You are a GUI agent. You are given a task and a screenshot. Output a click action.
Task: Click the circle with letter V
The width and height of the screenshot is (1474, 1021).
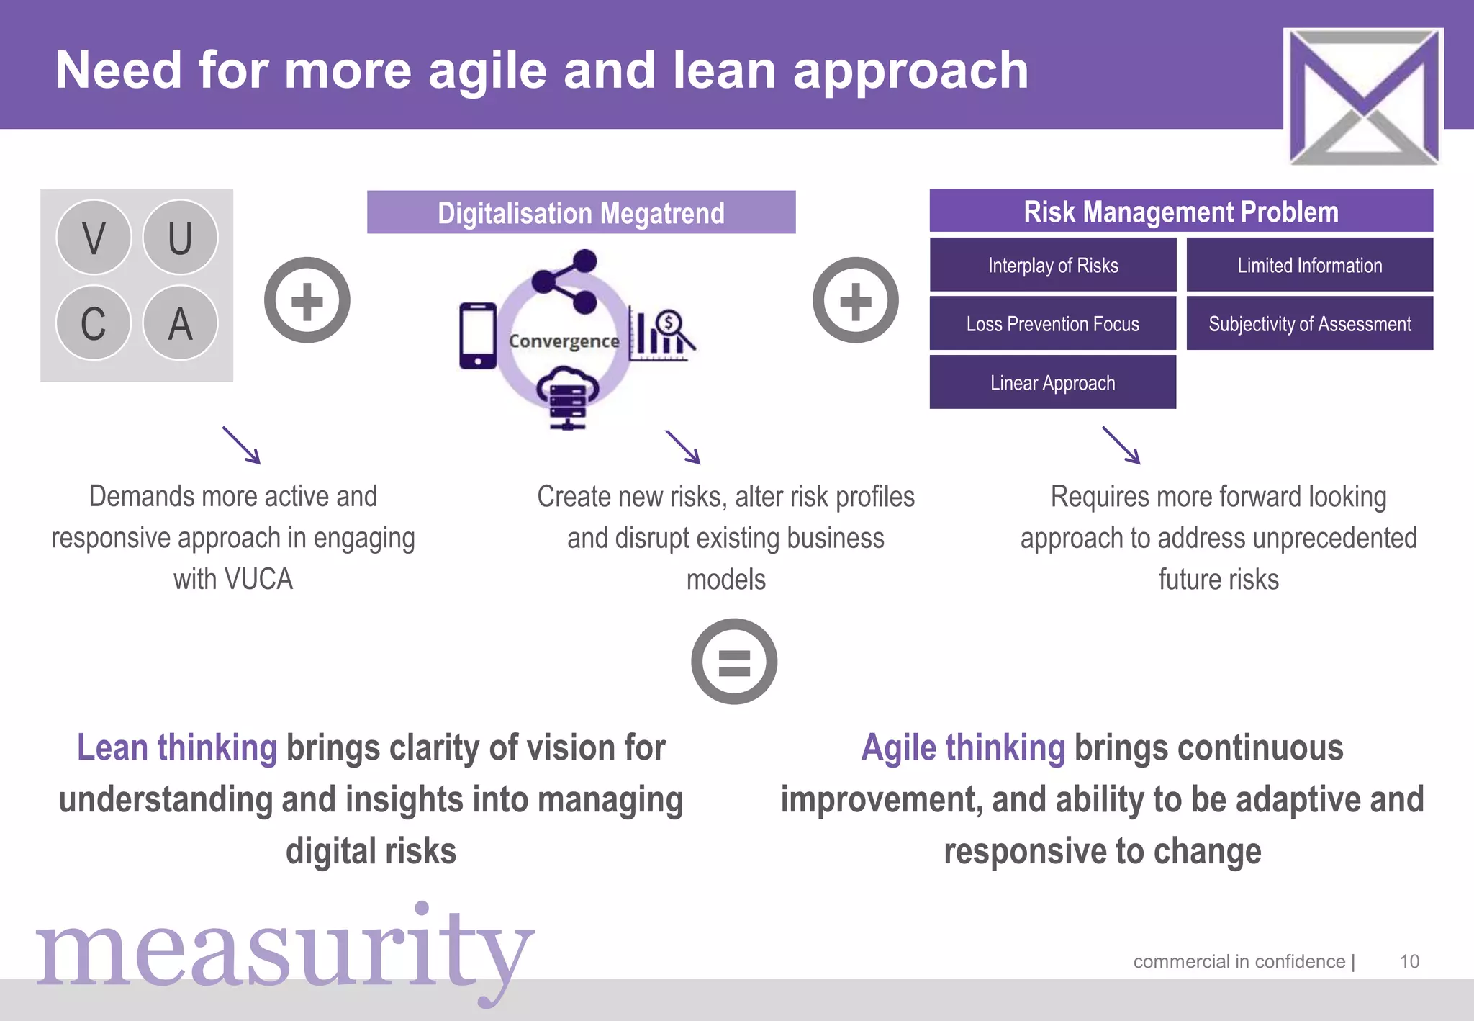[x=94, y=237]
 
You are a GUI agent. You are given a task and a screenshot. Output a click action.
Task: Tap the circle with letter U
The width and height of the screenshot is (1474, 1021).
[x=180, y=237]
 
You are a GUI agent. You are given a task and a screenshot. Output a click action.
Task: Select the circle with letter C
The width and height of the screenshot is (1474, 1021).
[x=94, y=323]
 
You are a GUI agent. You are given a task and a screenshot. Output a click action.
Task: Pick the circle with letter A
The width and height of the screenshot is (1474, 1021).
[x=180, y=323]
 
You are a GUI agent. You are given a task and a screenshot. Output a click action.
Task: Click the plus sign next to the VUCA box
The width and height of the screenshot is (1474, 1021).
[x=307, y=300]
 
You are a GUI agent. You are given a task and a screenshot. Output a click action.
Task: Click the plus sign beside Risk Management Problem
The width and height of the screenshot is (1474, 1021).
[x=855, y=300]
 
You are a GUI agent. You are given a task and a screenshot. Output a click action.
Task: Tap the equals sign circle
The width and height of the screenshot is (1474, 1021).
[x=734, y=661]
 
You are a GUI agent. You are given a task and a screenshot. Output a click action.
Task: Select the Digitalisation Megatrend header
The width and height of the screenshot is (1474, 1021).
[x=581, y=212]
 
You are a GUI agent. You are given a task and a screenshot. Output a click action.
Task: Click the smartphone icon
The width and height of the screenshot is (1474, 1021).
[x=478, y=336]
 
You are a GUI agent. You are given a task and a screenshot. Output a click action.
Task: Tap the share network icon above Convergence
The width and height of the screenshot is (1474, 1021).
[x=566, y=282]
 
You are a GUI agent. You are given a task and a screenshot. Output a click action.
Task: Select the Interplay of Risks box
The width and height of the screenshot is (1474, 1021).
[x=1052, y=265]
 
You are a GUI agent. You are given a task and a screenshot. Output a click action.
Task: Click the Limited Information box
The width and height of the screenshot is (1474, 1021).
[x=1309, y=265]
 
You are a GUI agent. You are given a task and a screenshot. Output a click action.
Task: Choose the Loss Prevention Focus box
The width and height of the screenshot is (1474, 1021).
[x=1052, y=324]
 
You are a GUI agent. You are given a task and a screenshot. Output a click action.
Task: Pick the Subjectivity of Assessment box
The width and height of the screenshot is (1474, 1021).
[x=1309, y=324]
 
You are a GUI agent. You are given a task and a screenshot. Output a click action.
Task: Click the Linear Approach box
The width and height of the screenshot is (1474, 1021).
[x=1052, y=382]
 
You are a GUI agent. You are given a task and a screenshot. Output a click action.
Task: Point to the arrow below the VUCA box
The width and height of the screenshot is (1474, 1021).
[x=242, y=446]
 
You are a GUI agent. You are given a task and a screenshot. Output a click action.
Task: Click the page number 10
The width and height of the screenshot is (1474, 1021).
[x=1409, y=961]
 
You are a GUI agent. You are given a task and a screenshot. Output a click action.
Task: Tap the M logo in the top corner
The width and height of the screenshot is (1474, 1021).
[x=1363, y=96]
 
